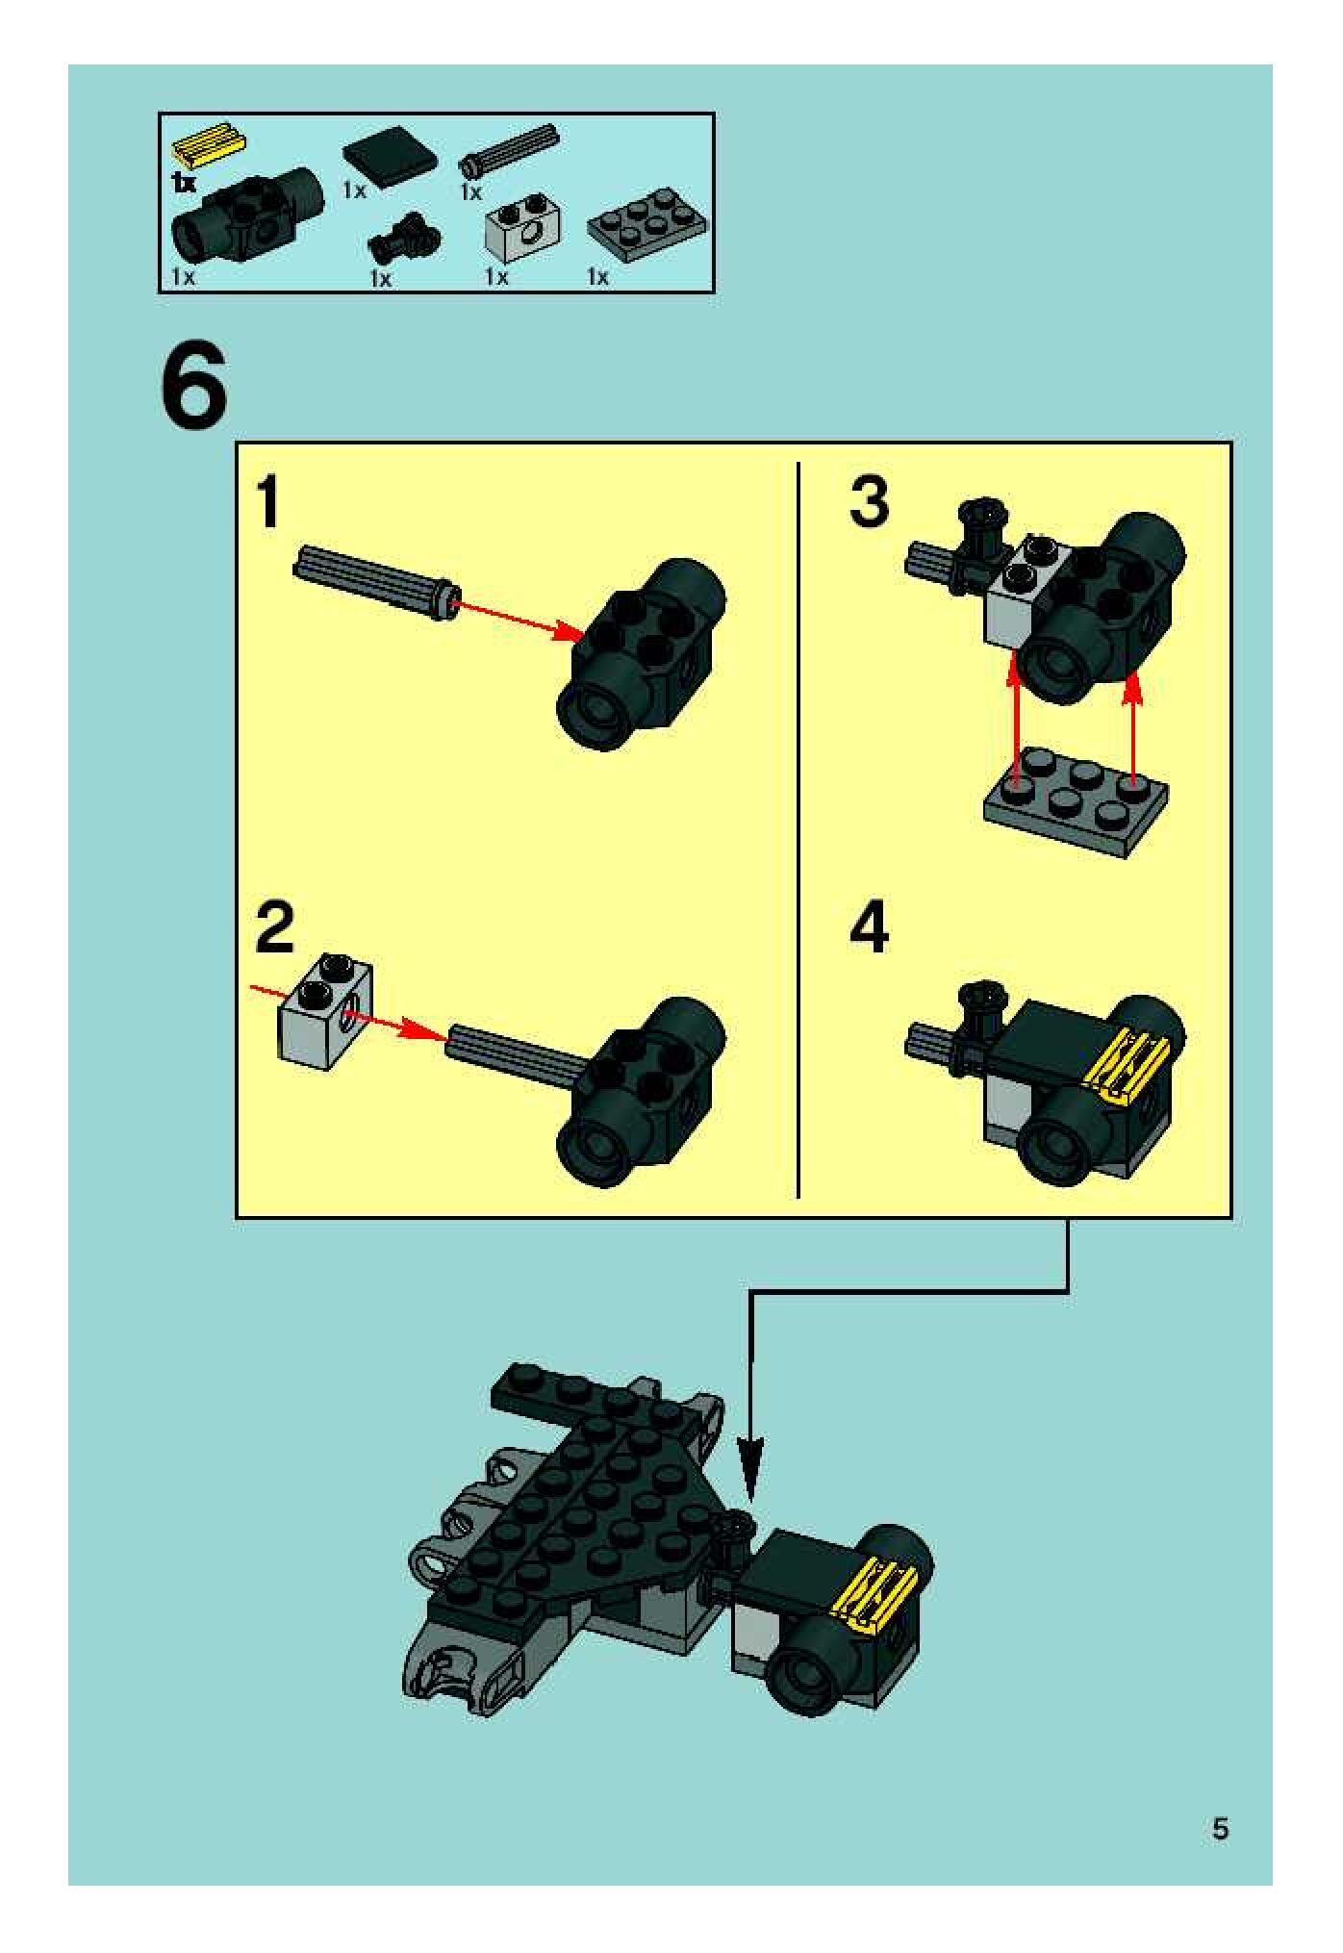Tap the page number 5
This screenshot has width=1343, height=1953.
click(1220, 1828)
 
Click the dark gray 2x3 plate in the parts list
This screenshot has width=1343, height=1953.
click(646, 231)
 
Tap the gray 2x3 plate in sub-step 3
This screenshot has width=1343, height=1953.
click(1076, 800)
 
